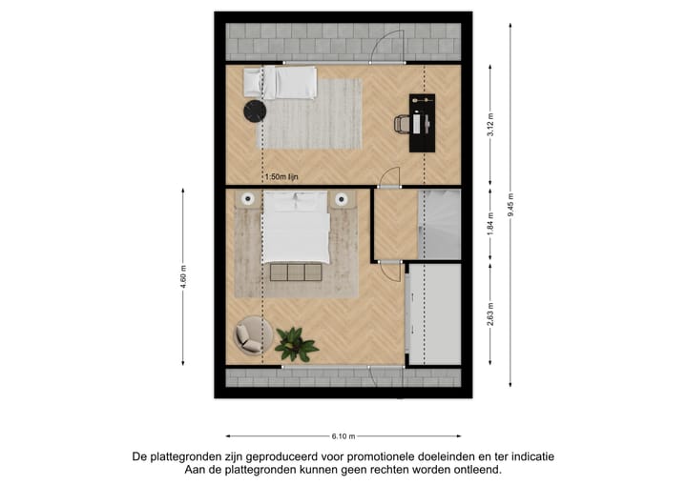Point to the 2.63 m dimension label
(490, 313)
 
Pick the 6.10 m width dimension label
(343, 436)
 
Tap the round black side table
(253, 112)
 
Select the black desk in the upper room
(421, 122)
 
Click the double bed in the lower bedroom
(296, 226)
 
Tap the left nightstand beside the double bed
(247, 200)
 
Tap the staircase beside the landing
(439, 225)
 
